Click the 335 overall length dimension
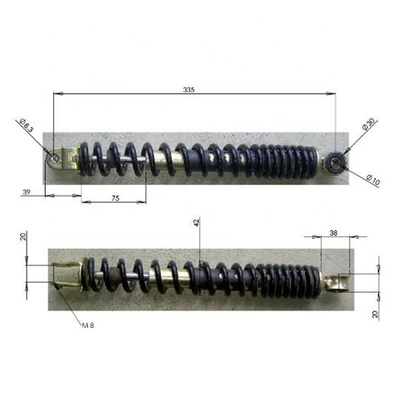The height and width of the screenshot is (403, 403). click(x=189, y=90)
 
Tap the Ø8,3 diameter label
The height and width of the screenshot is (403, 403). click(x=26, y=126)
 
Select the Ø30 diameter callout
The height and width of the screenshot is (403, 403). click(x=368, y=124)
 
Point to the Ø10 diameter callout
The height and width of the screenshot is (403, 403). click(x=373, y=180)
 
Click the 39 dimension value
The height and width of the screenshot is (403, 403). click(x=26, y=192)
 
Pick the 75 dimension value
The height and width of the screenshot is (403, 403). click(x=115, y=198)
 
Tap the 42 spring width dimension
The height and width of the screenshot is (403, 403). click(x=196, y=223)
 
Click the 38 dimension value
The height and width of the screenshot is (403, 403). click(x=333, y=233)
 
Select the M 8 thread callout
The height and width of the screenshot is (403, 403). click(x=88, y=325)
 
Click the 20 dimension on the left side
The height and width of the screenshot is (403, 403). click(x=24, y=237)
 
